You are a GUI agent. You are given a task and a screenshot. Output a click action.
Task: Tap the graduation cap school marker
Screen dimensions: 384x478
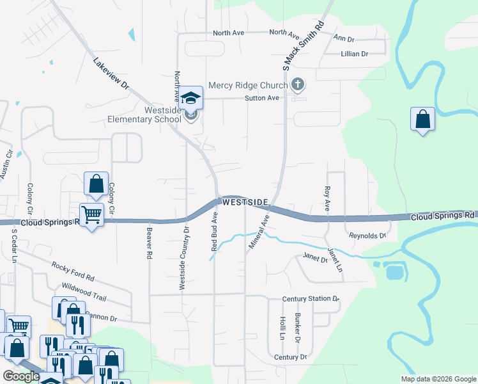click(190, 98)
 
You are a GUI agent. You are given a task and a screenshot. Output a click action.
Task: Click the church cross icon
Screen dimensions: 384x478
click(297, 84)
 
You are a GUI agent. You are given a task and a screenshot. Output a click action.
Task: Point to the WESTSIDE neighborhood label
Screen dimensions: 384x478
click(245, 202)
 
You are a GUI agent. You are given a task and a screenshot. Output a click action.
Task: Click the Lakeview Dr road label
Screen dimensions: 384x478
click(111, 74)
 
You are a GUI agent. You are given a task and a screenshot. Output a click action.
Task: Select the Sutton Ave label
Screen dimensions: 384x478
click(262, 98)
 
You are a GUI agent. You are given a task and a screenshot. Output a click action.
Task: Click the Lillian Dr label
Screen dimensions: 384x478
click(355, 54)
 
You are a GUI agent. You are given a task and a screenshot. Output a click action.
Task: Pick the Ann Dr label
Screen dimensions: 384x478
click(344, 38)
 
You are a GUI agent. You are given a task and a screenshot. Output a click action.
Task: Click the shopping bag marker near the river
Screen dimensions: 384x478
click(422, 119)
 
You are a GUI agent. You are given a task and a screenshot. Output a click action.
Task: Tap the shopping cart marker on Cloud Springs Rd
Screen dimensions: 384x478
click(91, 215)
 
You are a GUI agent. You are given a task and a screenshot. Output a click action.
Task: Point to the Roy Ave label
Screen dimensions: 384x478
click(327, 198)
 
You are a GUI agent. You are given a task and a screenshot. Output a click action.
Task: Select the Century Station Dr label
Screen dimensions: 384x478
click(310, 299)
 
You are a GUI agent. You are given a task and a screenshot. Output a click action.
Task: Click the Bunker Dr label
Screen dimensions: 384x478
click(297, 327)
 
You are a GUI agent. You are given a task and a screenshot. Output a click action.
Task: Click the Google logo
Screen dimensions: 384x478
click(21, 376)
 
